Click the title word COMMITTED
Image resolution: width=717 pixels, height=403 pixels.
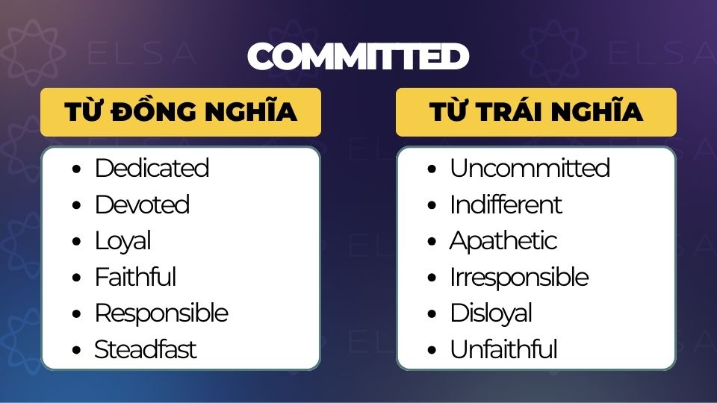point(358,56)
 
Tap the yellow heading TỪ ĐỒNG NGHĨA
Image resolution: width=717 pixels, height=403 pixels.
point(181,112)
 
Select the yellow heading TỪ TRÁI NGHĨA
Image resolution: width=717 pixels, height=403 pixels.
point(536,112)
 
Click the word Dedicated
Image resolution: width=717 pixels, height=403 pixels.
point(152,168)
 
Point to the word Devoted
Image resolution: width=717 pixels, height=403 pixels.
point(142,204)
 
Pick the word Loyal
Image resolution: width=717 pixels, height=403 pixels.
point(122,241)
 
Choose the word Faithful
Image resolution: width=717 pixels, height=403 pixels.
point(135,276)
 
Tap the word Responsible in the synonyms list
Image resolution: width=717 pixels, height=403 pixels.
point(161,313)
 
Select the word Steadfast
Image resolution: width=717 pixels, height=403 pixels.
point(146,349)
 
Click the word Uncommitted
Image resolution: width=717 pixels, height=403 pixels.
point(530,168)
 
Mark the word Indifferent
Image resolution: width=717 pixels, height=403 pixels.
point(506,204)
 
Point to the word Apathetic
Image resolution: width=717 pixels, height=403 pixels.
point(503,241)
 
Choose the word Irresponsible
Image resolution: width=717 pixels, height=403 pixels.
point(520,277)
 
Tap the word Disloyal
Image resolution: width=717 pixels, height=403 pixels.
point(491,313)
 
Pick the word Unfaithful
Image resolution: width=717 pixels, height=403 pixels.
point(503,349)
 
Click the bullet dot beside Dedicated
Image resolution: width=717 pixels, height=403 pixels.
point(76,169)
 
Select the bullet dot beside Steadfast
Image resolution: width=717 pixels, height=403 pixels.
point(76,351)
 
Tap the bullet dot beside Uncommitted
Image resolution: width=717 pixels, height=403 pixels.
point(432,169)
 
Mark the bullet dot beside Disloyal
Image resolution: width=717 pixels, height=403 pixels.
point(432,314)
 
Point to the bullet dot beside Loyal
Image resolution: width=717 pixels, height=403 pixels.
point(76,241)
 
